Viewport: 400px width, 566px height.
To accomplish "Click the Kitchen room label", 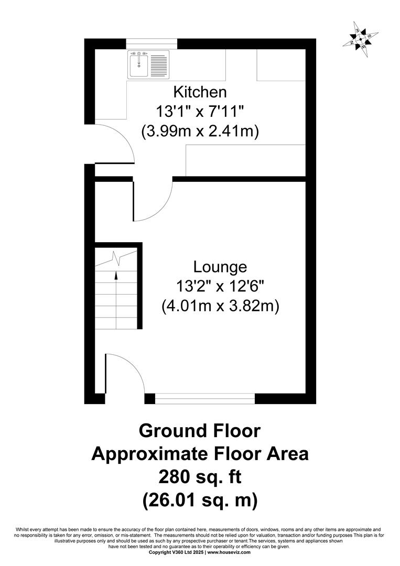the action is point(200,92).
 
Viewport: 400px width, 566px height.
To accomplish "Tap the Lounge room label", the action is point(220,267).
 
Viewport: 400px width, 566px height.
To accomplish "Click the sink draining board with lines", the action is point(158,66).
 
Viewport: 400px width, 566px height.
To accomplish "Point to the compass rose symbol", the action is point(361,39).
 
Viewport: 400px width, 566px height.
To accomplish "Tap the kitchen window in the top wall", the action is point(152,43).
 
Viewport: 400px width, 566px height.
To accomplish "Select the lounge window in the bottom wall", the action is point(204,398).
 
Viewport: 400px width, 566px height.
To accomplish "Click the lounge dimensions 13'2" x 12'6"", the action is point(220,287).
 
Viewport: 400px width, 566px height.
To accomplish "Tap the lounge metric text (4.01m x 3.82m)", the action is point(220,307).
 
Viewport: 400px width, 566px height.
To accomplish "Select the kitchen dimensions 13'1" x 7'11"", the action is point(200,112).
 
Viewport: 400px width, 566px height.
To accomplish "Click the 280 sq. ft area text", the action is point(200,477).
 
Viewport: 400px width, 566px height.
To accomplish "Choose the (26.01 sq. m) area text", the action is point(200,500).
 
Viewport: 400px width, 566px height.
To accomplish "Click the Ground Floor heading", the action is point(200,431).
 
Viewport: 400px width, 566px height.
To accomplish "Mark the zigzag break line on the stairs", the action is point(116,258).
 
